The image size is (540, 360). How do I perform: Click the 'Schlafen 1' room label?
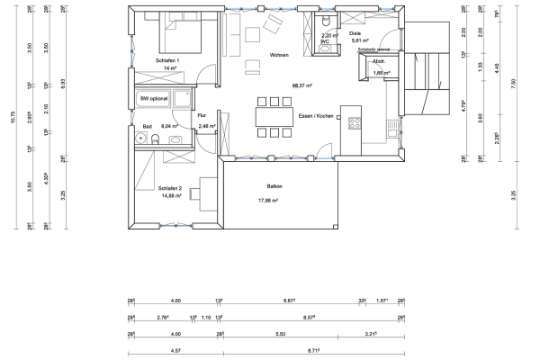tap(167, 60)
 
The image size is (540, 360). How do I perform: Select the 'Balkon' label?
tap(274, 186)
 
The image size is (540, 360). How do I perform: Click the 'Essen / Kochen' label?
tap(316, 116)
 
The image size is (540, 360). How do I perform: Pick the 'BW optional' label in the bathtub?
tap(154, 97)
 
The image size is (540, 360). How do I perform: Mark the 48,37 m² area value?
tap(301, 85)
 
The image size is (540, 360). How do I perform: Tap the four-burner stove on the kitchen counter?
tap(355, 122)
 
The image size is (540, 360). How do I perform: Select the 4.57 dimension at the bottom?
tap(176, 348)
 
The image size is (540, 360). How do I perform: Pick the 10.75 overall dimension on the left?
tap(13, 115)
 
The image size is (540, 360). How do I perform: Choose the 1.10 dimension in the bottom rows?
tap(205, 317)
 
